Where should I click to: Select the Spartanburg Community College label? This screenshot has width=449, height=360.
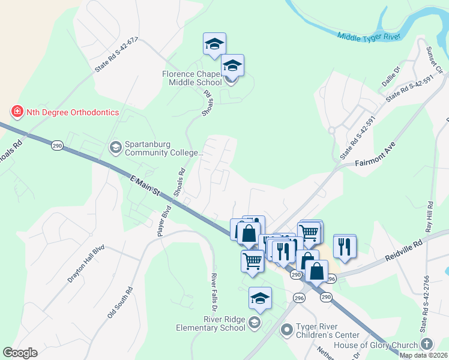click(x=160, y=148)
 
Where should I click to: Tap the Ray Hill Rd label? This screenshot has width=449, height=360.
click(x=429, y=217)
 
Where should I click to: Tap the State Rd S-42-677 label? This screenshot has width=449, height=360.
click(x=115, y=55)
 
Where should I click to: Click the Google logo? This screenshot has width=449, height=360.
click(x=20, y=353)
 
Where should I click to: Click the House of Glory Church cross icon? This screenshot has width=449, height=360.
click(x=426, y=344)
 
